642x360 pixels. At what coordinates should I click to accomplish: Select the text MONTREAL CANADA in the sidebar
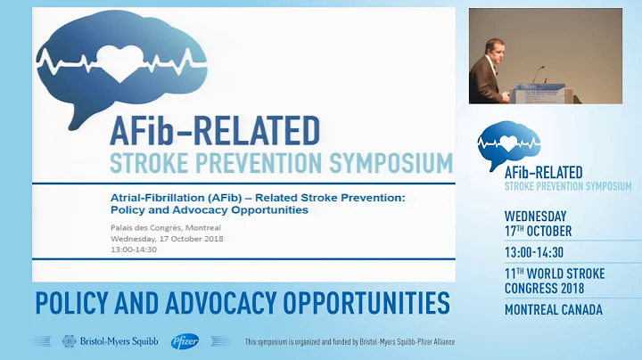pyautogui.click(x=553, y=310)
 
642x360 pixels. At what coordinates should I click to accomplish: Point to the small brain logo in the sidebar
pyautogui.click(x=508, y=143)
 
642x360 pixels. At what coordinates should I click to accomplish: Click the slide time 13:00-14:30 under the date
pyautogui.click(x=134, y=250)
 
